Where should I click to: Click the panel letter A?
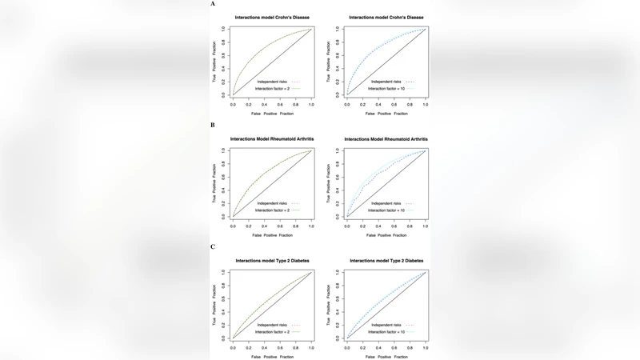tap(213, 4)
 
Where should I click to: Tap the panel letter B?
tap(213, 126)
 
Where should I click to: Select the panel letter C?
tap(213, 246)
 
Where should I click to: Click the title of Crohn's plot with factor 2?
tap(272, 18)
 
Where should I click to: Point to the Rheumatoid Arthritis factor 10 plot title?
tap(386, 139)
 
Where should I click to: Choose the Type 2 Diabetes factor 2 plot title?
tap(272, 261)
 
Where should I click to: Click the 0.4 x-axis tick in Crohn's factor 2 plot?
tap(264, 105)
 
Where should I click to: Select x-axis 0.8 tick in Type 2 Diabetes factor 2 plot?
tap(295, 347)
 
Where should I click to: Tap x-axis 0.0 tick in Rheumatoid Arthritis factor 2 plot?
tap(233, 226)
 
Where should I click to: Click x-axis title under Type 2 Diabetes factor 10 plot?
tap(386, 357)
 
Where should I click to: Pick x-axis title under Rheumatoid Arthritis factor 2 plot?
tap(272, 235)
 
